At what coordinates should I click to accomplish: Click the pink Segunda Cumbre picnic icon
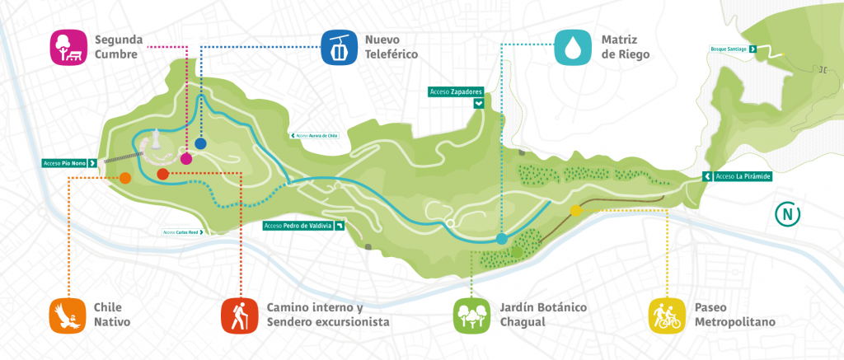tap(68, 47)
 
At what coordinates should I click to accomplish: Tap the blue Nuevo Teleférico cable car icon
tap(339, 47)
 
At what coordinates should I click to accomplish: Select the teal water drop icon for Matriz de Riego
tap(572, 47)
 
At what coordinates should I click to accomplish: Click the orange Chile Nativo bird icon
tap(68, 315)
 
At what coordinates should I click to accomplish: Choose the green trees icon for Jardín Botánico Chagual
tap(472, 315)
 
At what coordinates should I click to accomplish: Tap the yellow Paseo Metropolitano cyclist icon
tap(667, 315)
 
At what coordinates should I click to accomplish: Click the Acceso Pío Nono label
tap(71, 163)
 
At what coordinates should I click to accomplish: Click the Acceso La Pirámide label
tap(736, 176)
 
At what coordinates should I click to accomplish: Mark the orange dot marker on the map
tap(125, 178)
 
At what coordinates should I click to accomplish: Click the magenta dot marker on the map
tap(186, 159)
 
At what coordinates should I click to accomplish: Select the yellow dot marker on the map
tap(576, 211)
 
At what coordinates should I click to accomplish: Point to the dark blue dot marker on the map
tap(200, 143)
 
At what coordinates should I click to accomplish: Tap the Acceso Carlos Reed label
tap(183, 232)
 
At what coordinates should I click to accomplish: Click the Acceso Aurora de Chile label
tap(314, 135)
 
